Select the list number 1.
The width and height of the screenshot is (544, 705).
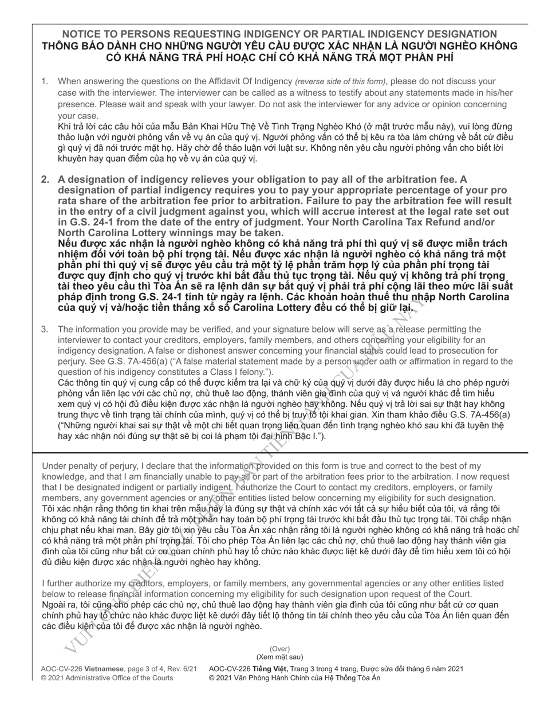(44, 81)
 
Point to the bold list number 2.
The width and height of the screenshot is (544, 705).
(45, 179)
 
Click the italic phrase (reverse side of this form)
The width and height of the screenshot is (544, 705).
(340, 81)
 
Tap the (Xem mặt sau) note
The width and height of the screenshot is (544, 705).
(279, 657)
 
